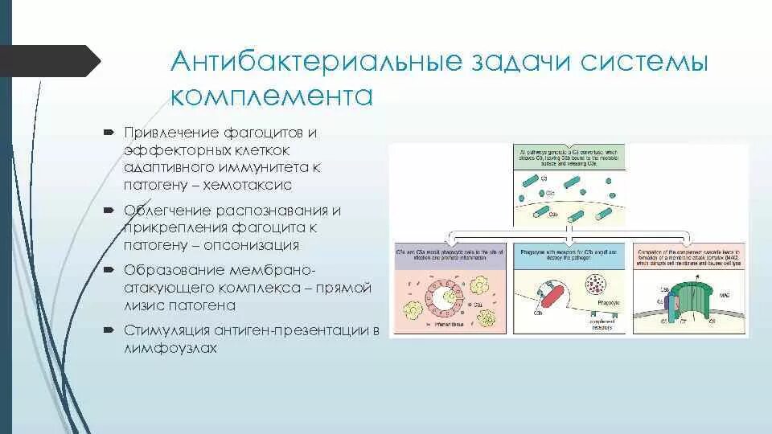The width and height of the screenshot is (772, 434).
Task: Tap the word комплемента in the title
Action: click(272, 96)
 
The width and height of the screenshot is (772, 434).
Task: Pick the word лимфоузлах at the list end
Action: click(170, 349)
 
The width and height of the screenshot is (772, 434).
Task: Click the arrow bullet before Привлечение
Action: click(109, 131)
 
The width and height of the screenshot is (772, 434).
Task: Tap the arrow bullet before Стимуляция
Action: click(109, 330)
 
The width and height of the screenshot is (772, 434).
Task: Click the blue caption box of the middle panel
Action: click(569, 255)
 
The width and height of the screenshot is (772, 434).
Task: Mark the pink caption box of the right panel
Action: click(688, 255)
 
